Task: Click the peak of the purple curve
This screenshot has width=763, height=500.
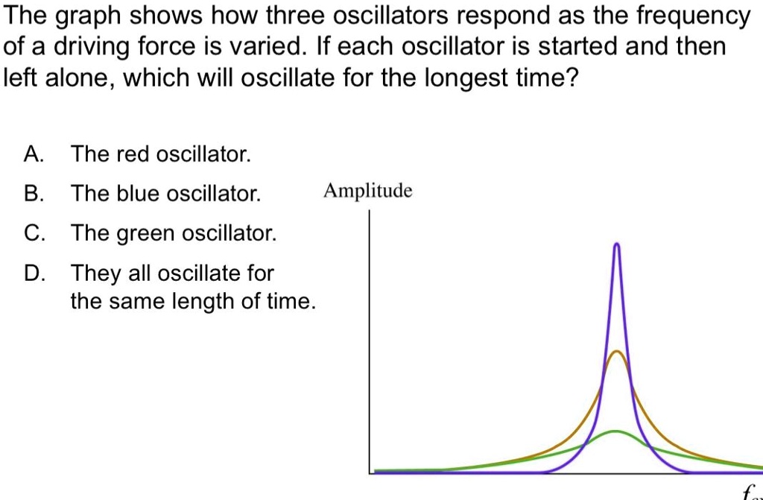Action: (x=616, y=244)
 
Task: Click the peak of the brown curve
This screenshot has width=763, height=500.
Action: (x=616, y=351)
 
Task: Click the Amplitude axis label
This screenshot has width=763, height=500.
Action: (x=367, y=192)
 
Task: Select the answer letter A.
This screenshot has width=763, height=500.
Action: (x=32, y=155)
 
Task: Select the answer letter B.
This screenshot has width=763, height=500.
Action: (x=32, y=194)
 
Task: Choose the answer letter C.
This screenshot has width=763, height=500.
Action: (x=32, y=234)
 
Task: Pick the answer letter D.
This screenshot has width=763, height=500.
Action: (x=32, y=273)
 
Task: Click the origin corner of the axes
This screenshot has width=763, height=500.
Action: (x=370, y=472)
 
